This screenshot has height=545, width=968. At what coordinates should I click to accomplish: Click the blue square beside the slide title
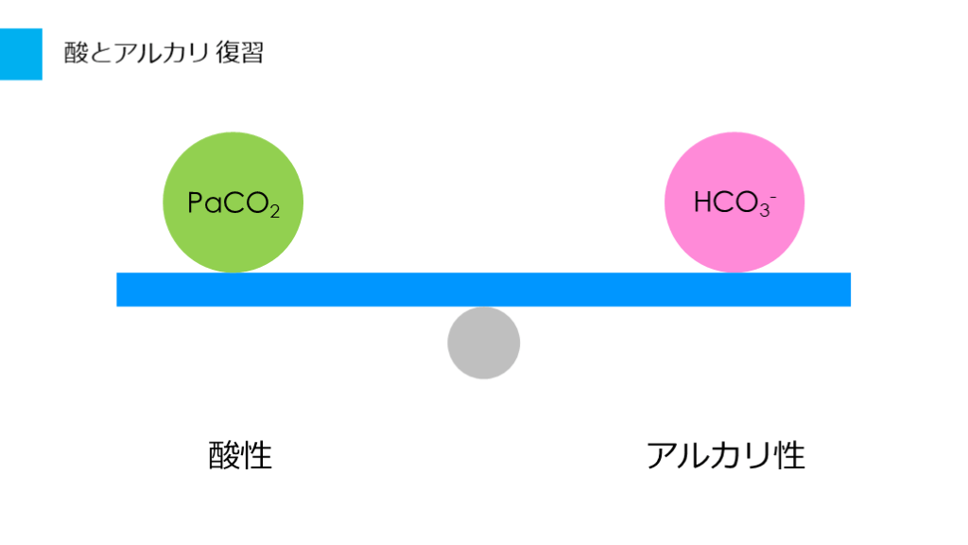click(21, 54)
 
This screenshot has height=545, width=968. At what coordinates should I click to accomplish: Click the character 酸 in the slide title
click(76, 53)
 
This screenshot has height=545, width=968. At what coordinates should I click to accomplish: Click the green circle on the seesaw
click(233, 202)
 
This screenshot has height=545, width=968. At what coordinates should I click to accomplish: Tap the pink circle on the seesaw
click(734, 202)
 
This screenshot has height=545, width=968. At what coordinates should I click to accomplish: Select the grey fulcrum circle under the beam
click(484, 343)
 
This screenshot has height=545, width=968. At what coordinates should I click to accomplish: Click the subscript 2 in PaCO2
click(274, 211)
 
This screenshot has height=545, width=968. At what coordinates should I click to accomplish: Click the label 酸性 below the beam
click(240, 456)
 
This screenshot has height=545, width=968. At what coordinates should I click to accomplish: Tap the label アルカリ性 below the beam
click(726, 456)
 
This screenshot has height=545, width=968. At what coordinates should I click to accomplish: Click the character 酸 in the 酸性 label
click(224, 456)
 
